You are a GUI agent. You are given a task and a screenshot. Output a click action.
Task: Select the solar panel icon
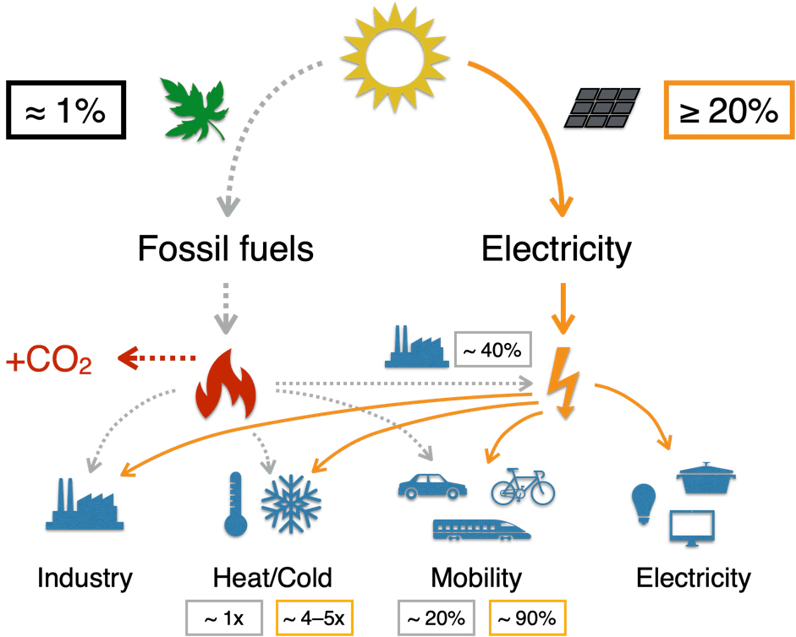click(602, 108)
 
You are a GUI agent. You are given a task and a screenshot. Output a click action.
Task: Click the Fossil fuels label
click(225, 249)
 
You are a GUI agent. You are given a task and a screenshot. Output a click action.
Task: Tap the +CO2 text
click(48, 362)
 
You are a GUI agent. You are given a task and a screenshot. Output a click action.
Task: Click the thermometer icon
click(235, 505)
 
